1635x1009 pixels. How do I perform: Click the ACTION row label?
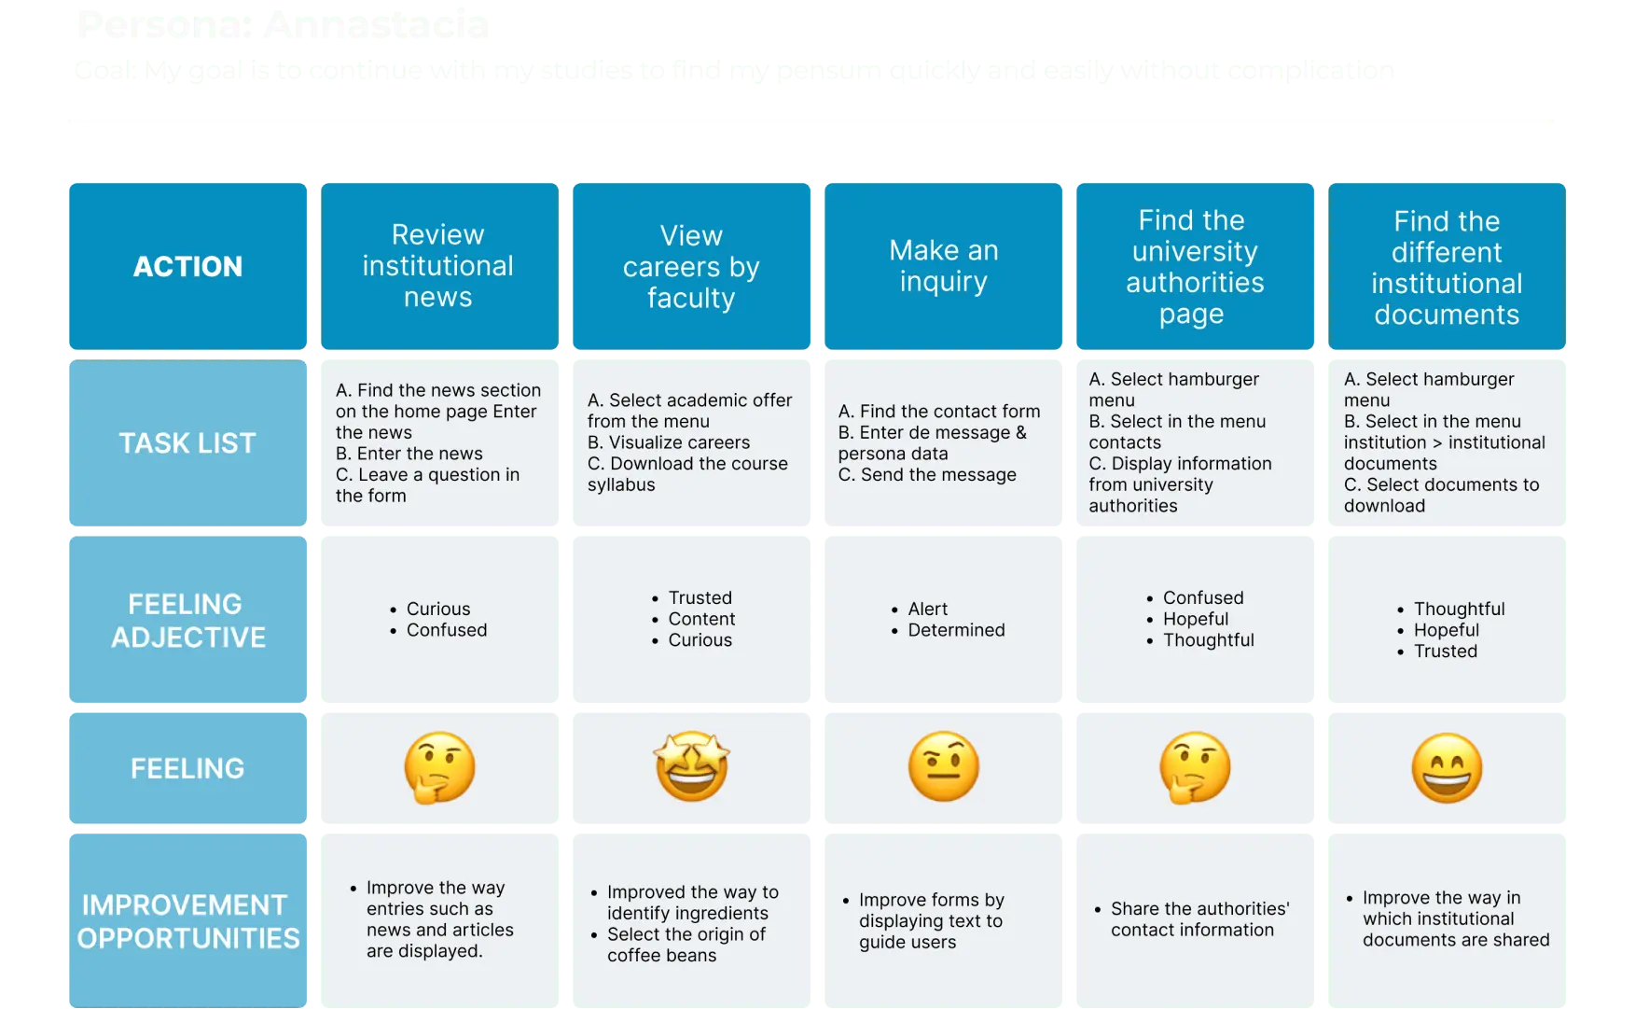(187, 267)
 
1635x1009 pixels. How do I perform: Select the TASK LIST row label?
(187, 443)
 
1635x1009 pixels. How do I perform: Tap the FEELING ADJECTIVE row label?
(187, 621)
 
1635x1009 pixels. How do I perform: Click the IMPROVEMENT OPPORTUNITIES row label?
(187, 921)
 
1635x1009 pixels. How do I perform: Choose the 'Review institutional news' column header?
(437, 266)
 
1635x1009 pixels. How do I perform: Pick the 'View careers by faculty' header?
(691, 267)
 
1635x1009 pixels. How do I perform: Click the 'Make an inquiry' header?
(943, 266)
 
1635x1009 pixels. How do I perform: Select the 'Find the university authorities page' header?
(1195, 267)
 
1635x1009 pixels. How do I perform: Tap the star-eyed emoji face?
(691, 767)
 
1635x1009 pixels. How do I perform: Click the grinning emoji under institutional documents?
(1447, 768)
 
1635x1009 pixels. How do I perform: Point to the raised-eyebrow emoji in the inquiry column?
(943, 767)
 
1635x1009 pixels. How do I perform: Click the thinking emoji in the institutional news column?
(439, 767)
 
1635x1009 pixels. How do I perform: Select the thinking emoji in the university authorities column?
(1195, 767)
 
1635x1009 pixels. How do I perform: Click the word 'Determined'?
(956, 630)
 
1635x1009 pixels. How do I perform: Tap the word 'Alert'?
(927, 609)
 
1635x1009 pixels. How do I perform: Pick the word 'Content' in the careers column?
(701, 619)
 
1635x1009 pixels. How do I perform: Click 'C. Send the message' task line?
(927, 475)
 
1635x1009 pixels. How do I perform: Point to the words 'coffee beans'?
(661, 956)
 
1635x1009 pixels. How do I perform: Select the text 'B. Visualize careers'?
(669, 442)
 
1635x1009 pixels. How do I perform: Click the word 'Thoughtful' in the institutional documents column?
(1459, 609)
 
